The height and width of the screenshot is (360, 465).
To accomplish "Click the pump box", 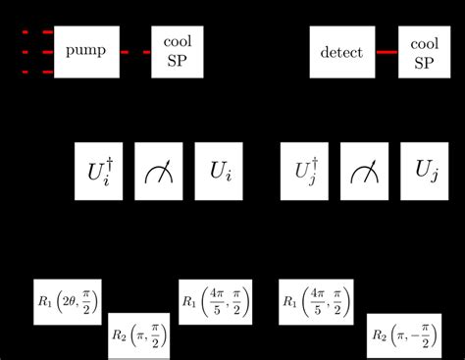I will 86,51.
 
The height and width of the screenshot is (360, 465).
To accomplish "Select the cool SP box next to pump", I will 178,51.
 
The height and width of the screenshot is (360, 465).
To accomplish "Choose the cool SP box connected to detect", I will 424,51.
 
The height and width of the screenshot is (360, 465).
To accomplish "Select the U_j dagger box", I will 305,172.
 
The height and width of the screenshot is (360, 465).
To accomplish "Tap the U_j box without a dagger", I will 426,172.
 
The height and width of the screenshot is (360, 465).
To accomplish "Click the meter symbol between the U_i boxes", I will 158,173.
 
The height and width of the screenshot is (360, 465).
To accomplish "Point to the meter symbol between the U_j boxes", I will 366,173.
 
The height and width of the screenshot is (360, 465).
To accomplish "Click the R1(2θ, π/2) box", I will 68,301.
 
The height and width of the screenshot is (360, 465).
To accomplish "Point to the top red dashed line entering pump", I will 37,32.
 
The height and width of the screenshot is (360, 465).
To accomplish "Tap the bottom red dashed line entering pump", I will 37,72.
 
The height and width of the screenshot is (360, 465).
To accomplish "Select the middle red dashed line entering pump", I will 37,52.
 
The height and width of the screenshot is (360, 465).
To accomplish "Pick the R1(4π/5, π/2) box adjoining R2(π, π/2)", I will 214,301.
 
